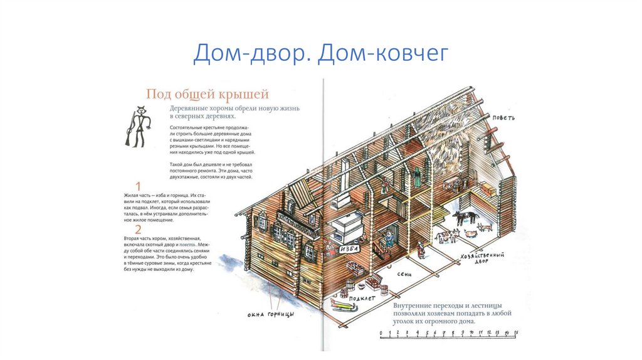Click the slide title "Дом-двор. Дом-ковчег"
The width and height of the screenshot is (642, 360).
pos(321,53)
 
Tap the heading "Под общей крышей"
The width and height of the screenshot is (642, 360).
pos(208,95)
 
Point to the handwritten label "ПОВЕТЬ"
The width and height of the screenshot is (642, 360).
pos(503,117)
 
